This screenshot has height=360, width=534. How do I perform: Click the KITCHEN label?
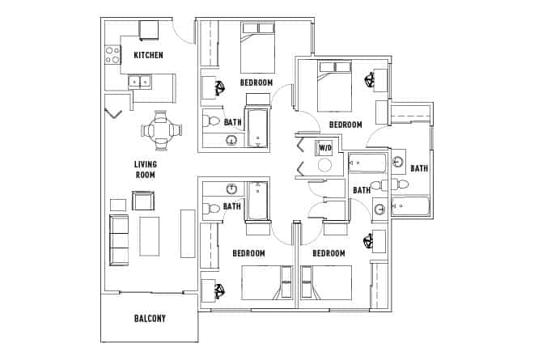149,55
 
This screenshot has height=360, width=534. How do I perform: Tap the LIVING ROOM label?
145,169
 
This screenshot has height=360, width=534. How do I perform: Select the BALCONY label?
150,318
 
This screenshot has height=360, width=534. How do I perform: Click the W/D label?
324,148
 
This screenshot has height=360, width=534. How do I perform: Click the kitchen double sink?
139,81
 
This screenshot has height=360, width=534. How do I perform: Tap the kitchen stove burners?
112,55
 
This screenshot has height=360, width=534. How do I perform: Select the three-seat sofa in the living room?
118,240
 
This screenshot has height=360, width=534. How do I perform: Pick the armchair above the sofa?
143,201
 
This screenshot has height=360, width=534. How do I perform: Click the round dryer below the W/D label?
324,167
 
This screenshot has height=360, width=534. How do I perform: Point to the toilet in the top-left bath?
212,121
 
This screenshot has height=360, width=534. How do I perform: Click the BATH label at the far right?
418,168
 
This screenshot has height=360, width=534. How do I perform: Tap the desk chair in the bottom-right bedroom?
369,240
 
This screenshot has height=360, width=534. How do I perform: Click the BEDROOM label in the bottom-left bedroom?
248,253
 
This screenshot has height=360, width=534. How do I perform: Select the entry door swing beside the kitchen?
184,31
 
